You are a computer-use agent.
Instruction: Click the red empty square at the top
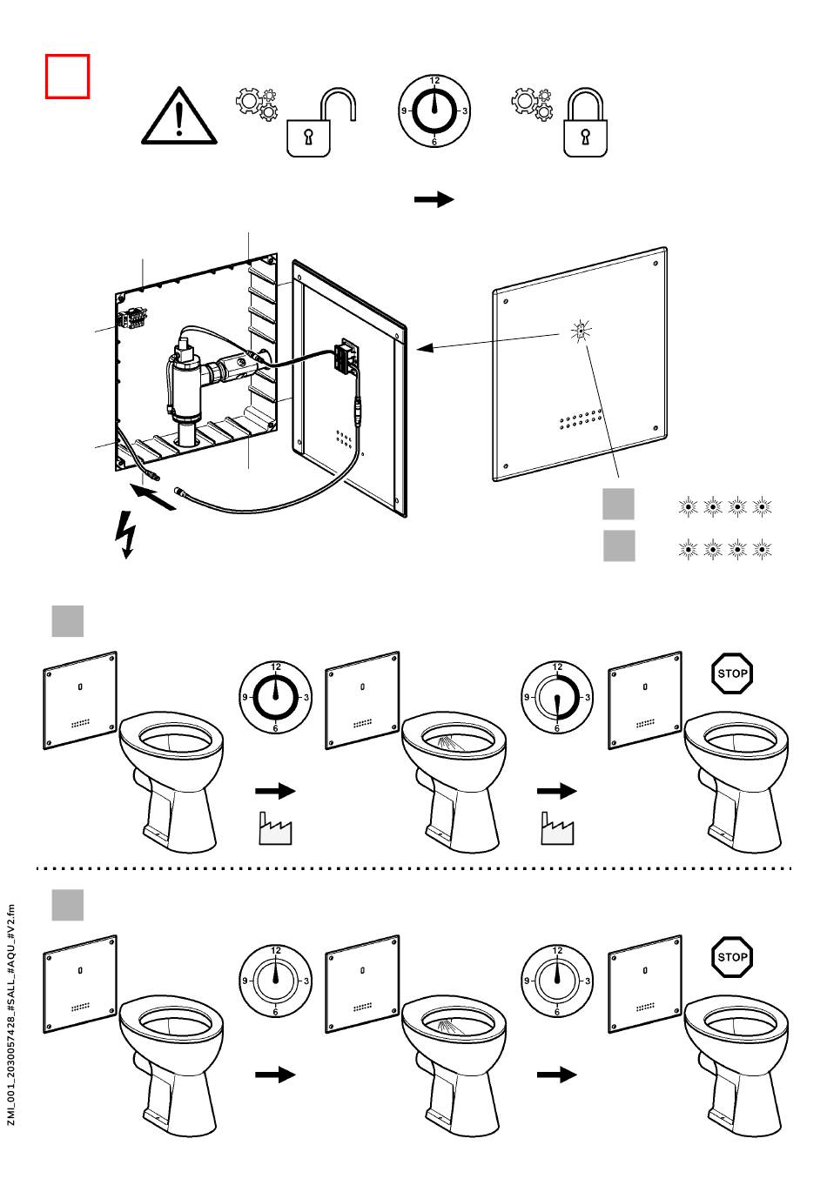[67, 77]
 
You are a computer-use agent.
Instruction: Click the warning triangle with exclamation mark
[179, 117]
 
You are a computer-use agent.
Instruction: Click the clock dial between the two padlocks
[434, 111]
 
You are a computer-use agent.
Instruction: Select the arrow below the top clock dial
[434, 199]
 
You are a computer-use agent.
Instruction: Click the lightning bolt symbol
[126, 532]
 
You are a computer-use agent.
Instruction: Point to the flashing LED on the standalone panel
[581, 331]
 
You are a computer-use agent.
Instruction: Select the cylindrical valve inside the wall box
[185, 383]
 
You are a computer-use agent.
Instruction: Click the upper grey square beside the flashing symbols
[619, 504]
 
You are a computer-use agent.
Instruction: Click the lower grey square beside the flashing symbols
[619, 546]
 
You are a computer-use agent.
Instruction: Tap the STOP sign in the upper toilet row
[732, 673]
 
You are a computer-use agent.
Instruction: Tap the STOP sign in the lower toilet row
[732, 957]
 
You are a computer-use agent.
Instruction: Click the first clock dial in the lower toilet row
[276, 981]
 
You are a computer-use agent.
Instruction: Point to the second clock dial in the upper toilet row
[557, 697]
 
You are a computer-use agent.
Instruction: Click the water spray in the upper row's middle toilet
[449, 744]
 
